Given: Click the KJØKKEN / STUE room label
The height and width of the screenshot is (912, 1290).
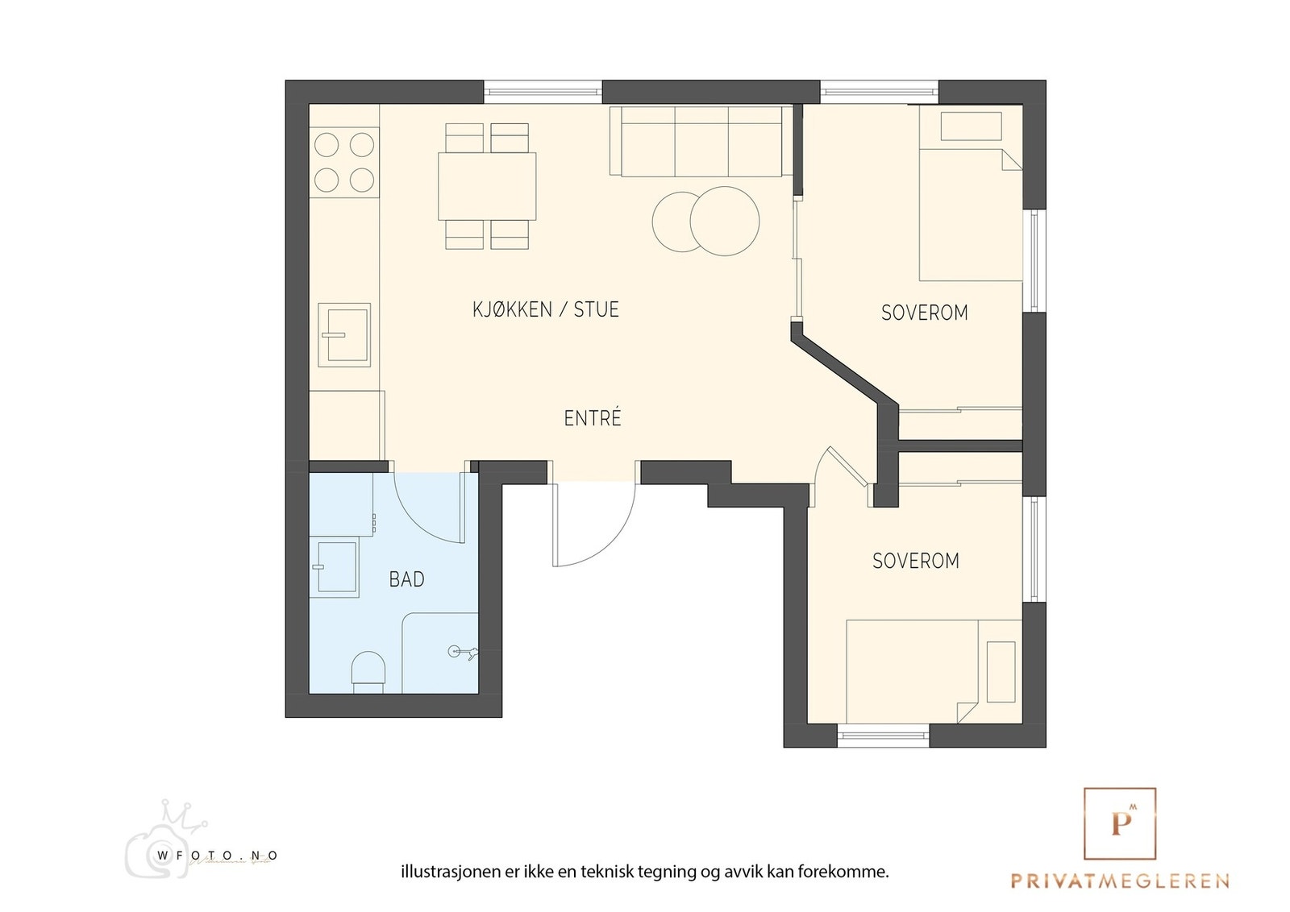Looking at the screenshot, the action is point(545,309).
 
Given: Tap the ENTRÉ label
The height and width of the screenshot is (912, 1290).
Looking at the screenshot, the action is point(593,418).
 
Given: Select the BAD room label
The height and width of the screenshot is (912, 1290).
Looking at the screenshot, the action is point(406,579).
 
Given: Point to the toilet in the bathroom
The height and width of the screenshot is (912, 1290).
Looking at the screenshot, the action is point(368,672).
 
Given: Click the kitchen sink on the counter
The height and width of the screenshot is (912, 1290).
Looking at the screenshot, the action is point(344,335).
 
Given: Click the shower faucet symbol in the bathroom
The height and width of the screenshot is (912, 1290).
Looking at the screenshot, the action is point(464,652).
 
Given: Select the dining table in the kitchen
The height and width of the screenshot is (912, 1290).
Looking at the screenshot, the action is point(487,186).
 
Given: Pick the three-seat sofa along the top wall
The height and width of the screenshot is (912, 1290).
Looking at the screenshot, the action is point(701,141).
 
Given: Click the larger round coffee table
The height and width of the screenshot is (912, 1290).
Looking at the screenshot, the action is point(725,221).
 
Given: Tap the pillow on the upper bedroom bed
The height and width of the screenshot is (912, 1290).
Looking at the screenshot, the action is point(972,126).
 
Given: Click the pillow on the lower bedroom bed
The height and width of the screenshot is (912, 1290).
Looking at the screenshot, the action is point(1001,672).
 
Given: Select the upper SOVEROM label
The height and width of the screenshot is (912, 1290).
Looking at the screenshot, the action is point(924,313).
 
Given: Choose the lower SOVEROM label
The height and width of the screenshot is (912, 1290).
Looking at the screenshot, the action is point(916,561).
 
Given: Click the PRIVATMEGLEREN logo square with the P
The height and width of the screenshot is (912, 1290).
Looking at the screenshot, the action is point(1120,823).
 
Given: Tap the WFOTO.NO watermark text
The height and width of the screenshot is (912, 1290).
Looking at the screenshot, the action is point(217,856).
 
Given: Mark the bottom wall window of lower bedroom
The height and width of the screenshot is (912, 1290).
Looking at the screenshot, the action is point(883,736).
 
